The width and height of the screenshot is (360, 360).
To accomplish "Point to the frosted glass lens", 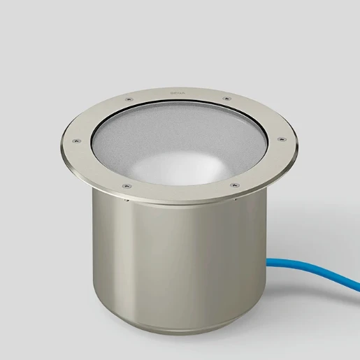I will (x=168, y=136).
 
